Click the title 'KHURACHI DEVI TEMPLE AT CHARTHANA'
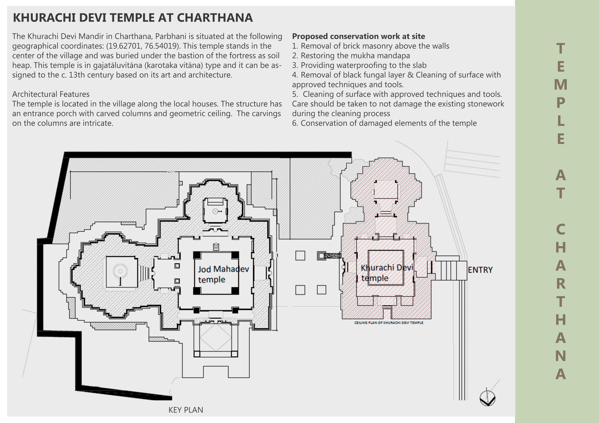click(x=133, y=18)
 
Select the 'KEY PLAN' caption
click(x=186, y=410)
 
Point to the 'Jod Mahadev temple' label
click(x=223, y=274)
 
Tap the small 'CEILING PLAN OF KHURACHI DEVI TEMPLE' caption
click(x=389, y=323)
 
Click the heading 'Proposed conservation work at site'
click(x=358, y=36)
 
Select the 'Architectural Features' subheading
click(x=51, y=94)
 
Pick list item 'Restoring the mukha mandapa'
click(x=351, y=55)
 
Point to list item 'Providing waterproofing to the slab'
click(x=359, y=65)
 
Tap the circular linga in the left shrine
click(x=120, y=271)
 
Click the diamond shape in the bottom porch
click(x=216, y=337)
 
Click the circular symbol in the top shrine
click(x=215, y=211)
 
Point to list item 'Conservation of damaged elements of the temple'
click(x=384, y=123)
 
